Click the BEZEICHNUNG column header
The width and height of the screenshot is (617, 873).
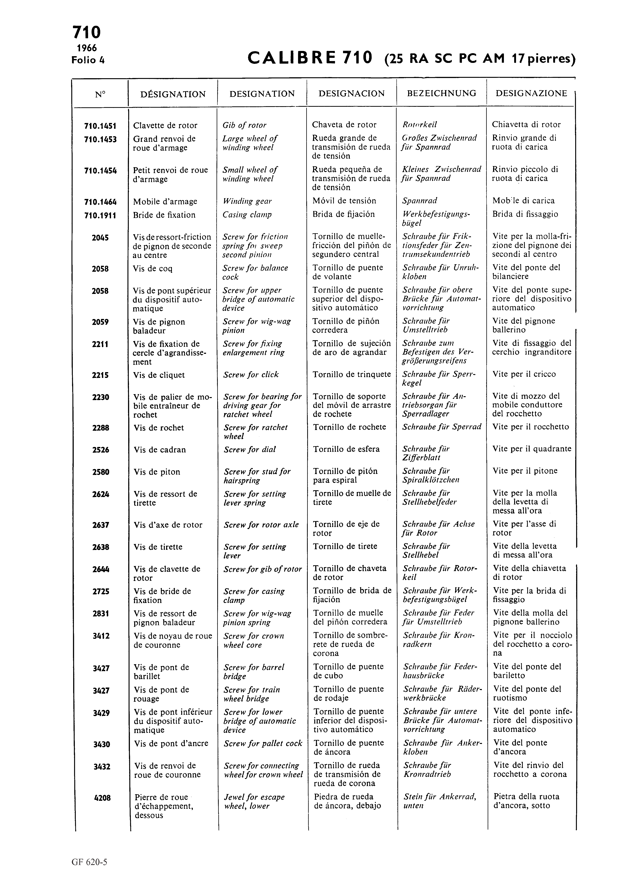441,93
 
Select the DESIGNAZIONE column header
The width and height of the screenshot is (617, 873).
531,93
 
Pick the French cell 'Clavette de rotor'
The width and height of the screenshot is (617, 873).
165,125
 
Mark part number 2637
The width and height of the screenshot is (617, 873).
101,526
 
